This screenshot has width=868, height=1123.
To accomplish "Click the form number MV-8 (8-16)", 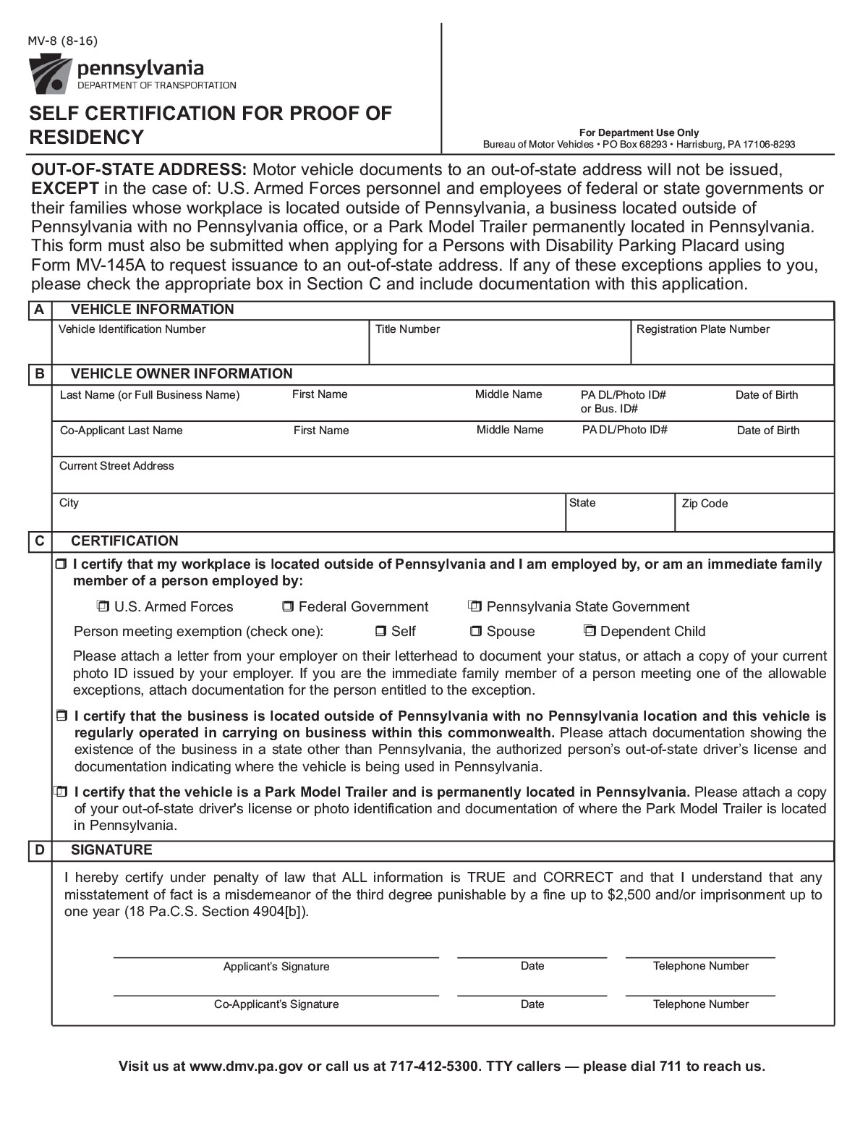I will [x=62, y=41].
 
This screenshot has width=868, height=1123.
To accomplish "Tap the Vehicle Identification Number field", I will [x=210, y=348].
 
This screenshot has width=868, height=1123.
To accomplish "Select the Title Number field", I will [x=499, y=348].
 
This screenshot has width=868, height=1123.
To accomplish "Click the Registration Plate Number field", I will [x=732, y=348].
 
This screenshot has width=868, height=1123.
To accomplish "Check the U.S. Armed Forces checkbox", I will [x=103, y=606].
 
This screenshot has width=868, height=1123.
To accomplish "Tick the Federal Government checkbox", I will [x=288, y=606].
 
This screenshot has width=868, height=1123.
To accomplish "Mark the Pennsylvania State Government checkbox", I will [x=475, y=606].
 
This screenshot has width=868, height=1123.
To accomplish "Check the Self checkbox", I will [x=380, y=632].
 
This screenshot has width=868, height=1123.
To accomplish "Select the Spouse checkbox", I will [x=476, y=632].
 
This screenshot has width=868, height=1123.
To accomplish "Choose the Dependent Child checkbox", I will [x=590, y=632].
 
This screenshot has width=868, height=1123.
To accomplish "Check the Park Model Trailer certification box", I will [x=61, y=792].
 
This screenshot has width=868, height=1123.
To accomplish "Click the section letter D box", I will [x=39, y=849].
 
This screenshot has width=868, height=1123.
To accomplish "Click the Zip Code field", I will [x=754, y=518].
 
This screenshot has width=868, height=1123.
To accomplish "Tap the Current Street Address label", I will [x=116, y=466].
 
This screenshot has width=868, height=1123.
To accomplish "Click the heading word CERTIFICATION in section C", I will [x=124, y=541].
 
